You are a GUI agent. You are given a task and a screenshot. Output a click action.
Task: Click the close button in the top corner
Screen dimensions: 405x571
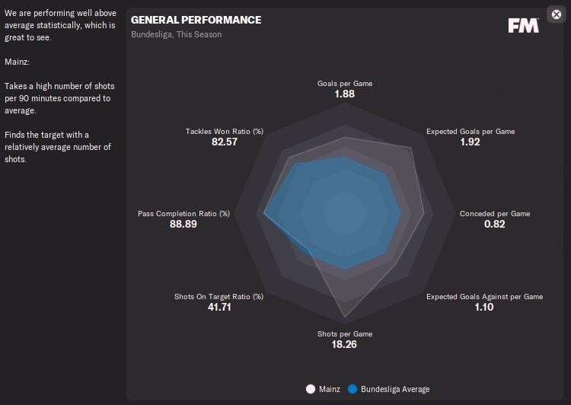click(555, 14)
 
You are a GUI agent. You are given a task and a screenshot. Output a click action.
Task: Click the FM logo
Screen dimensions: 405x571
click(523, 25)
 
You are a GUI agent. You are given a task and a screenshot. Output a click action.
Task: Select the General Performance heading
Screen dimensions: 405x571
click(196, 20)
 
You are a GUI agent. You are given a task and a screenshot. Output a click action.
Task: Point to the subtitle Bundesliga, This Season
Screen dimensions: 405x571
click(177, 34)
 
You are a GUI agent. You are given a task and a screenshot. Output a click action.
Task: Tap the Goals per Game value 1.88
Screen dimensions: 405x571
click(345, 94)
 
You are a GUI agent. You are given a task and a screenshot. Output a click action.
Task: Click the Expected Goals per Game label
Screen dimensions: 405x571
click(470, 132)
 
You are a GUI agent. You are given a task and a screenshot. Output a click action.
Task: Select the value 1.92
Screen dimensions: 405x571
click(470, 142)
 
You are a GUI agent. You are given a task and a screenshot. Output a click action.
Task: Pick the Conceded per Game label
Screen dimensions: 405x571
click(494, 214)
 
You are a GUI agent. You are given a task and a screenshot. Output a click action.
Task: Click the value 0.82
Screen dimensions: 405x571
click(494, 225)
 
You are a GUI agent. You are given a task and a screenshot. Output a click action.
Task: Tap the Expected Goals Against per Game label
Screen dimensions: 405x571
click(484, 297)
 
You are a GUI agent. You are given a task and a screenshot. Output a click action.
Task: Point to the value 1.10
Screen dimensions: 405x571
click(484, 308)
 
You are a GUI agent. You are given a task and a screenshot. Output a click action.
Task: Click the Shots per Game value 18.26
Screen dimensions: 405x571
click(345, 344)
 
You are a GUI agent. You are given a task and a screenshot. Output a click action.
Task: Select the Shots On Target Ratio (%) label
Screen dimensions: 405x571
click(219, 297)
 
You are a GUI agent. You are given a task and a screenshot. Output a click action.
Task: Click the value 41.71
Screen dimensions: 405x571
click(219, 308)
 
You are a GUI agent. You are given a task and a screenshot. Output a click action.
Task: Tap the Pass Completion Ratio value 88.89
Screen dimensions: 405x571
click(183, 225)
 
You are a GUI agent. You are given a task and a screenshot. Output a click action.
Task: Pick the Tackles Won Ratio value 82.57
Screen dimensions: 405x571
click(225, 142)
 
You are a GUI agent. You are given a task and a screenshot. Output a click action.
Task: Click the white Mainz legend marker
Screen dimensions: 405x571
click(310, 389)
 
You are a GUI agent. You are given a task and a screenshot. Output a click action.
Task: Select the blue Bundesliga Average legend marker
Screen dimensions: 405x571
click(352, 389)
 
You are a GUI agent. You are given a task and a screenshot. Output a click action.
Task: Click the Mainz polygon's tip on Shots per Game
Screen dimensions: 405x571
click(345, 317)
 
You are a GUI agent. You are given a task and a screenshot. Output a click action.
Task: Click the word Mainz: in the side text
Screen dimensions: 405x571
click(16, 62)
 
